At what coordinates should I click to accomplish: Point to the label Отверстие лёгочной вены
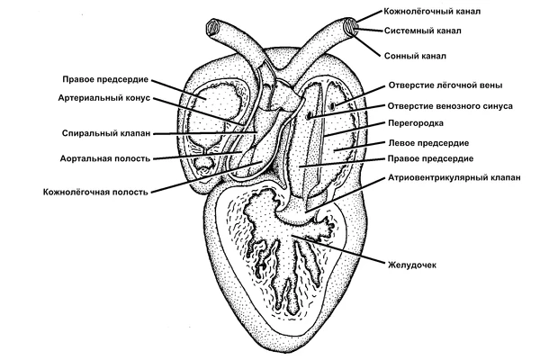[445, 85]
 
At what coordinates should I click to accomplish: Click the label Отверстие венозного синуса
[449, 105]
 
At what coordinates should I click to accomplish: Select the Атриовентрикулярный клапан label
[454, 177]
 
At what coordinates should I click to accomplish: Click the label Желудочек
[412, 265]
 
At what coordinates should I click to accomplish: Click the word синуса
[493, 105]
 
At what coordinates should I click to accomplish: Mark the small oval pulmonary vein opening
[333, 106]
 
